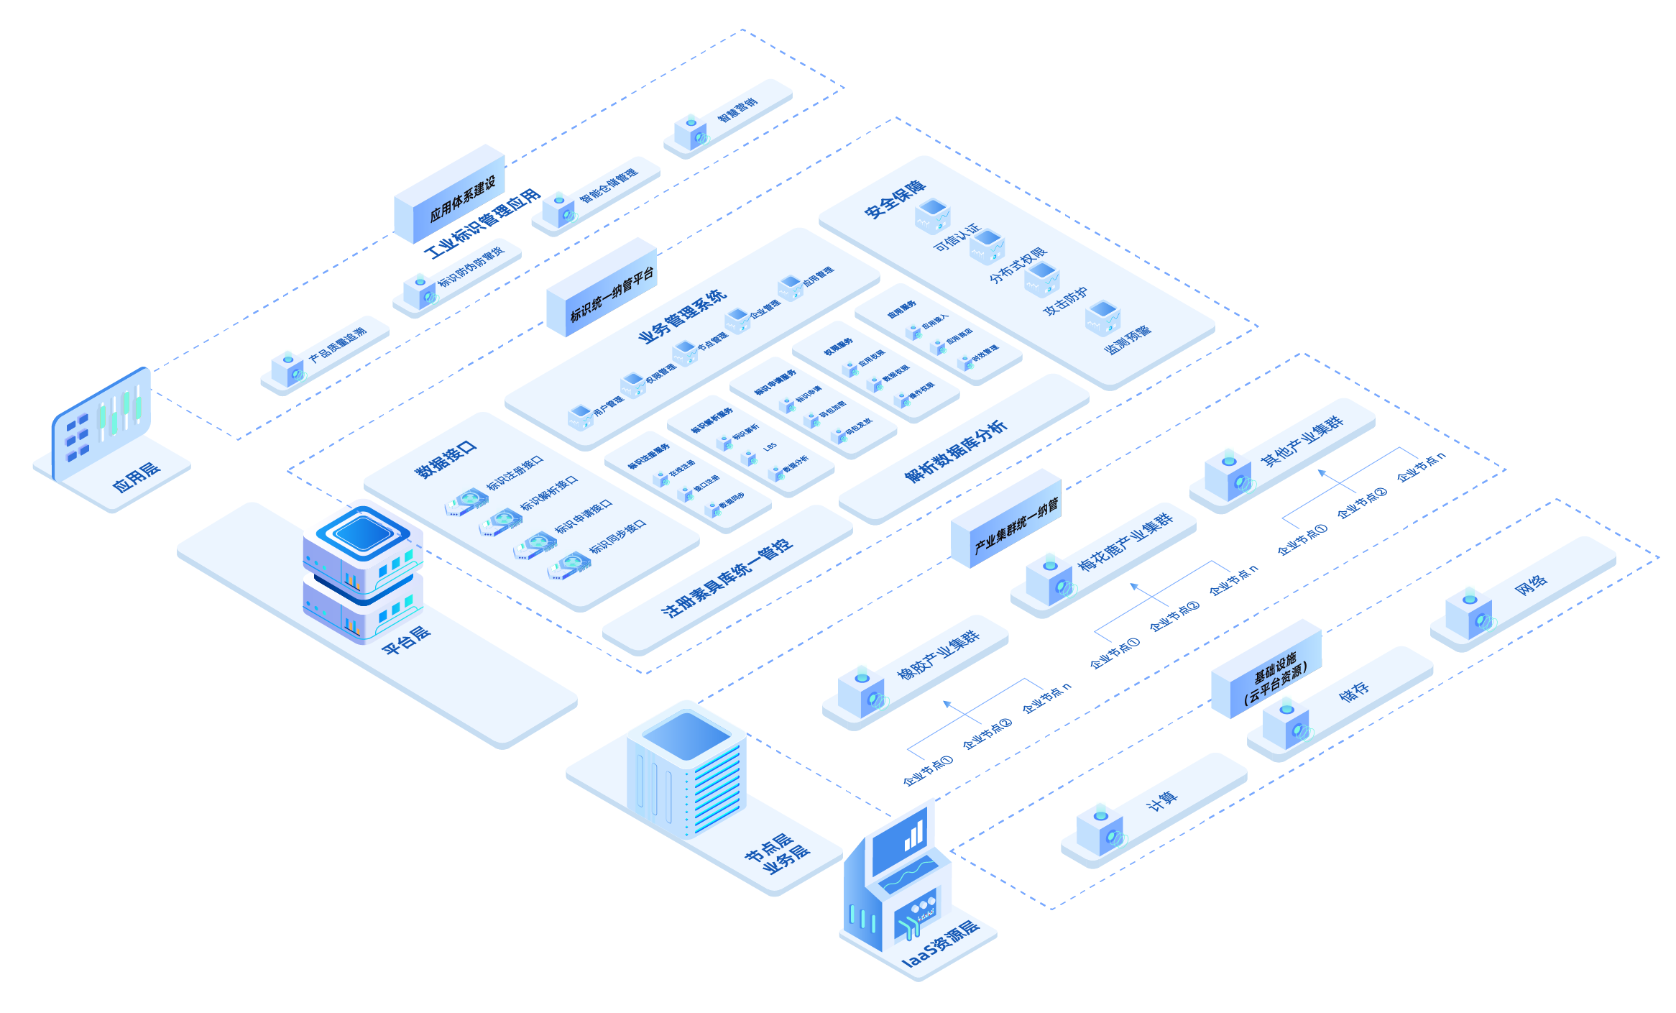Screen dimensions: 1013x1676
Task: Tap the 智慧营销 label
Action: [737, 110]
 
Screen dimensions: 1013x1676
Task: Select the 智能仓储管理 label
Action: [609, 185]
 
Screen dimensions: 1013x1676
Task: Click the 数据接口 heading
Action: [446, 460]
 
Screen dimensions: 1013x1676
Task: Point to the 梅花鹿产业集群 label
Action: [1125, 541]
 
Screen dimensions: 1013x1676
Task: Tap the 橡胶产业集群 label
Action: [939, 654]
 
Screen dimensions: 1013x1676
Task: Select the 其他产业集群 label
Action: [1302, 441]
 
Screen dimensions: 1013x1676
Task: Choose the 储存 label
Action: [1354, 692]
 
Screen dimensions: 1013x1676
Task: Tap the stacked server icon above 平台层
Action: [364, 568]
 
